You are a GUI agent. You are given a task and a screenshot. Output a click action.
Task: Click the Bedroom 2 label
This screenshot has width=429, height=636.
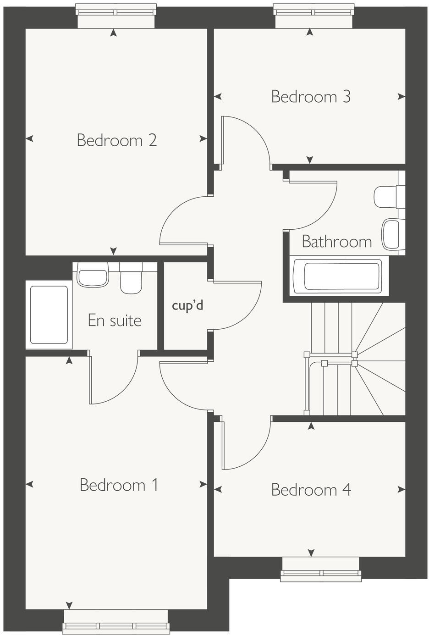click(116, 140)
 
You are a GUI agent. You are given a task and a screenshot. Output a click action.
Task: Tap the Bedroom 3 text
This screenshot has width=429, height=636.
click(311, 96)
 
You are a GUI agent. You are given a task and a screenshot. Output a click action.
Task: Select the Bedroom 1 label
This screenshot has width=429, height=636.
click(119, 485)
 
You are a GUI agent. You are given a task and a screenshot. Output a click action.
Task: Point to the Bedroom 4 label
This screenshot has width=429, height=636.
click(311, 490)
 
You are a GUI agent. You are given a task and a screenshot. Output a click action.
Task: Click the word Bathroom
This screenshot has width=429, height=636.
click(336, 241)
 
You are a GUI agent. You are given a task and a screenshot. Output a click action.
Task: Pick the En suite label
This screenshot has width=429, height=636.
click(115, 320)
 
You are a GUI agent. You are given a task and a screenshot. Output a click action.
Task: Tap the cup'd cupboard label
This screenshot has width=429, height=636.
click(187, 305)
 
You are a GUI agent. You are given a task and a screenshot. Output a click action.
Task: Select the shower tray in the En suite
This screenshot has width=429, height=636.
click(49, 315)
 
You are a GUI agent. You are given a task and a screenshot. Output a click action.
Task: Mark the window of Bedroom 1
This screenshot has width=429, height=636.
click(116, 625)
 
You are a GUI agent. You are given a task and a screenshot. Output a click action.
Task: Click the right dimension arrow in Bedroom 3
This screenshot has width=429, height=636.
click(401, 97)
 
